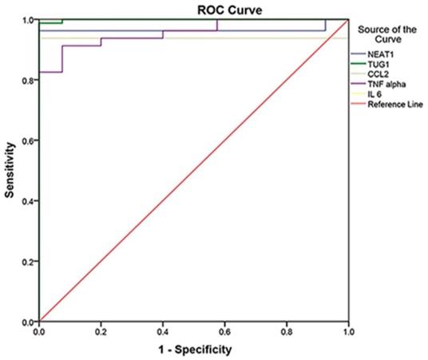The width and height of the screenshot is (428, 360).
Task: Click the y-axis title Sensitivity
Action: [x=10, y=170]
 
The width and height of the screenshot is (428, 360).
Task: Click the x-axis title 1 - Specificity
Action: [x=194, y=350]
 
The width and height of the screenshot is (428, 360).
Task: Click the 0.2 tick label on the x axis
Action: [x=101, y=330]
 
